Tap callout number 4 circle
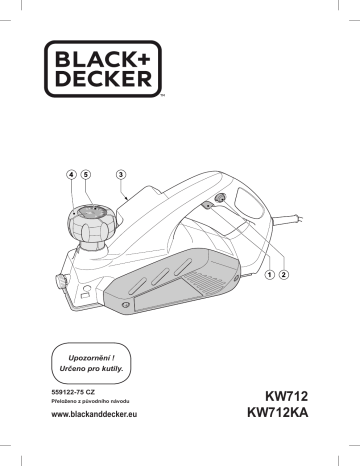71,174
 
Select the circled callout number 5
86,174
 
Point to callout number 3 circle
121,174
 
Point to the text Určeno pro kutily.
92,368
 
